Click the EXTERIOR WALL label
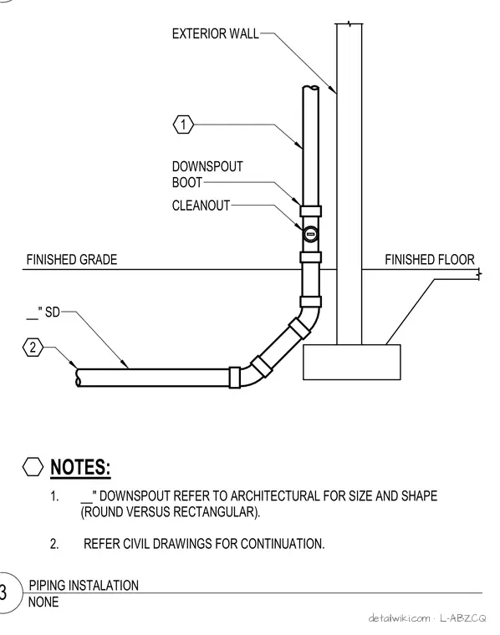215,33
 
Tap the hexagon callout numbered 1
183,124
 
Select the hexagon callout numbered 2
33,347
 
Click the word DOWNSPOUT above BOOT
207,166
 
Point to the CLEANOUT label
201,206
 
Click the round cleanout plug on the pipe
310,234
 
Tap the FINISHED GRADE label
72,260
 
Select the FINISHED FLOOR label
430,260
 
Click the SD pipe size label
43,312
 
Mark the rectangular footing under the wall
352,362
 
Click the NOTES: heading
80,467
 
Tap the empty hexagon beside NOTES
33,466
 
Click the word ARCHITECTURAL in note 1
276,496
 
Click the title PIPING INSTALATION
84,585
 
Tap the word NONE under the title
43,602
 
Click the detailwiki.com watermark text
399,618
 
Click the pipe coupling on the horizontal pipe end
235,378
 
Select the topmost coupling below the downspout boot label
311,211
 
